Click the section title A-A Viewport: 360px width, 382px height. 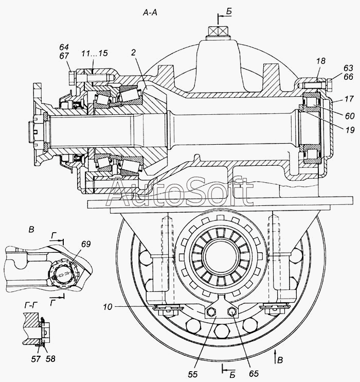150,12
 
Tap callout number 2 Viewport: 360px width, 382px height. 133,53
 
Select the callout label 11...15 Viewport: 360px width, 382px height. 95,53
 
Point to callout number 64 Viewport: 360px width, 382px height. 64,47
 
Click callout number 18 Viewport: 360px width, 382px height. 321,61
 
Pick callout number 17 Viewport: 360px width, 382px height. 349,99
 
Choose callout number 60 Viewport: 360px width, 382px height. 350,116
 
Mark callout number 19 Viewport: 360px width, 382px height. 350,130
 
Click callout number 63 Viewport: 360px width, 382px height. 348,68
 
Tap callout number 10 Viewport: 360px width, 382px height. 107,307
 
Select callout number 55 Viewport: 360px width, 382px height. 192,374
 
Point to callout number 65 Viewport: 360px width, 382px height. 254,374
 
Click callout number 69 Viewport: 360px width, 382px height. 86,244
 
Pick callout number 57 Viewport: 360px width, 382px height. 36,359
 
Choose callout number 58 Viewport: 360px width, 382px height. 50,359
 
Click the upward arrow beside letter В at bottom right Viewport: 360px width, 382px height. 275,355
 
